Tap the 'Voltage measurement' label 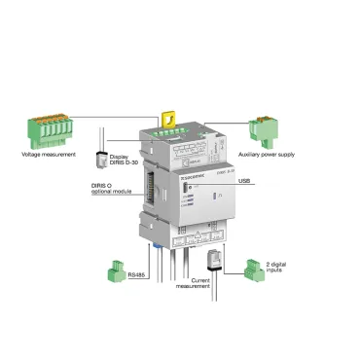pos(49,155)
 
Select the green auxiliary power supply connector pos(264,128)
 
